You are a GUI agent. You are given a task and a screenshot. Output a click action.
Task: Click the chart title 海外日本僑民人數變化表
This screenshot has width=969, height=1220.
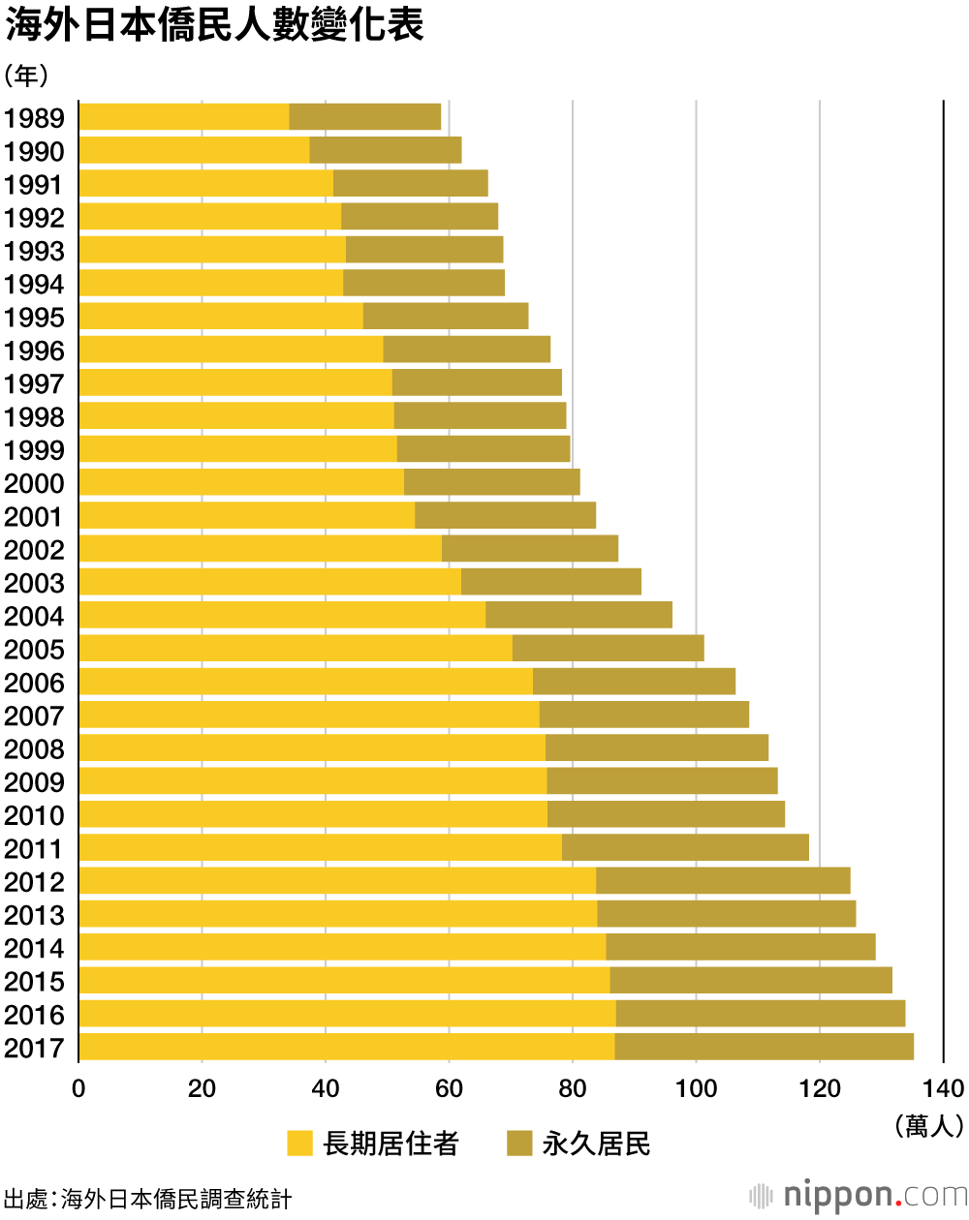214,26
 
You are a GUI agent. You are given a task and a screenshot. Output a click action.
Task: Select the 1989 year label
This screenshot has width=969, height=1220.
34,118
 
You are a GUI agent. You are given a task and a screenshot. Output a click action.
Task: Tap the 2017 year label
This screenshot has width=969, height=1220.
34,1049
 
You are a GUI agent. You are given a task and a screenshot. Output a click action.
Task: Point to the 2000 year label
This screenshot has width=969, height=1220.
34,484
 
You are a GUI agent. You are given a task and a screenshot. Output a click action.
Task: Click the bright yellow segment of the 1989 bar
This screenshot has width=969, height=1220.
184,117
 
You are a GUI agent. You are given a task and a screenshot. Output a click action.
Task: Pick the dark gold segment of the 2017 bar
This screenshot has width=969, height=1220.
764,1047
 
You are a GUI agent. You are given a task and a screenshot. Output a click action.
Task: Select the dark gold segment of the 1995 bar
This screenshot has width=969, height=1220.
446,317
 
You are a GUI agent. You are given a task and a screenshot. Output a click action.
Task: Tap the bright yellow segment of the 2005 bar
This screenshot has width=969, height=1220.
296,649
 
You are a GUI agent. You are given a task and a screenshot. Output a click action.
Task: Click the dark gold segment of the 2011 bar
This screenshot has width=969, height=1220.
685,848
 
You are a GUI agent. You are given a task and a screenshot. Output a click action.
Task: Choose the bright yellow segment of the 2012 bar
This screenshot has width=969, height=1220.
337,881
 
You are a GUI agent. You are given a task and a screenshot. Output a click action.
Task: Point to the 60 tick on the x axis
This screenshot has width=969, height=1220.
449,1088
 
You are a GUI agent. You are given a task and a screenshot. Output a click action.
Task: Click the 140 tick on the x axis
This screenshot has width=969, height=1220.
943,1088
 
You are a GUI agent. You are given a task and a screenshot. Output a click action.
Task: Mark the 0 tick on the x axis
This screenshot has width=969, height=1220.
78,1088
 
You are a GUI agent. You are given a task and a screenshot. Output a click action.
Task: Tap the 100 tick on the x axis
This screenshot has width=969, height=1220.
696,1088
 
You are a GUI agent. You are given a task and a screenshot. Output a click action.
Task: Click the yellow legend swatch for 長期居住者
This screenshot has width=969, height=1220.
300,1144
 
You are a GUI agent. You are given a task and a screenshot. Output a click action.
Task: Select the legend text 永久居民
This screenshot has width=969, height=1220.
596,1144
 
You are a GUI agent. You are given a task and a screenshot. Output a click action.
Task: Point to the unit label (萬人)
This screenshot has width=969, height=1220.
929,1124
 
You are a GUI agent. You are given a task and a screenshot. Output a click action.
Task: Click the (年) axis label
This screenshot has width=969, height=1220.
26,76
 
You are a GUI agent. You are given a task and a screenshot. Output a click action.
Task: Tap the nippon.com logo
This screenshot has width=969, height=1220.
858,1196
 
